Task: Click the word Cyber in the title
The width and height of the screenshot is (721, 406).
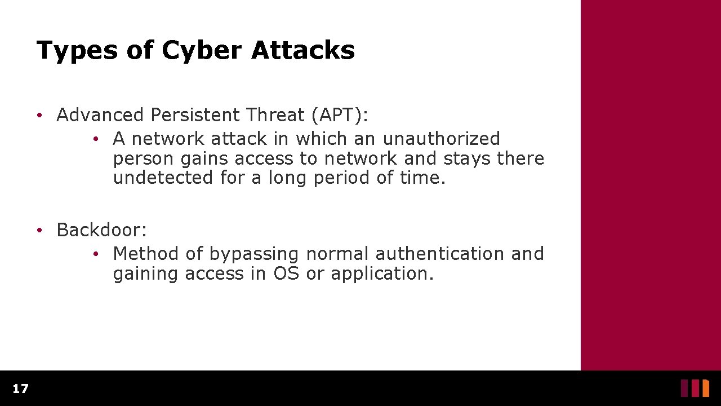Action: tap(201, 51)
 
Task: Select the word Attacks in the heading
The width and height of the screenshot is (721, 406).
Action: tap(303, 50)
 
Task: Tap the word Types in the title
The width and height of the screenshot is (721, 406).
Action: tap(77, 51)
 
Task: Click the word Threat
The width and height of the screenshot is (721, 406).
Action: tap(275, 115)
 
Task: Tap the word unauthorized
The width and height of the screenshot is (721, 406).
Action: tap(441, 139)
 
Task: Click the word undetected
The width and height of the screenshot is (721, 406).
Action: tap(163, 178)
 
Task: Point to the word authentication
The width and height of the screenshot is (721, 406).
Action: tap(440, 254)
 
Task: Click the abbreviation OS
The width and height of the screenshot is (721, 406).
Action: tap(286, 274)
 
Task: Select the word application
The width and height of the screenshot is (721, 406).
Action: tap(382, 275)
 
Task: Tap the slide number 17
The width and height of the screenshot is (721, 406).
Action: tap(20, 389)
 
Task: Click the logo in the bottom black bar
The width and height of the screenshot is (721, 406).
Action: tap(695, 388)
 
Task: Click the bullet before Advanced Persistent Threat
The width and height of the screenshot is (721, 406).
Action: tap(38, 116)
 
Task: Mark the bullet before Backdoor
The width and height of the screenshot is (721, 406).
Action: tap(38, 231)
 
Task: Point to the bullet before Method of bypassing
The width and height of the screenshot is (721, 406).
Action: tap(96, 254)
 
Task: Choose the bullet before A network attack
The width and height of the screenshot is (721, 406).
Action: tap(96, 139)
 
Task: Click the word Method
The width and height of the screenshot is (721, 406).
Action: tap(145, 254)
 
